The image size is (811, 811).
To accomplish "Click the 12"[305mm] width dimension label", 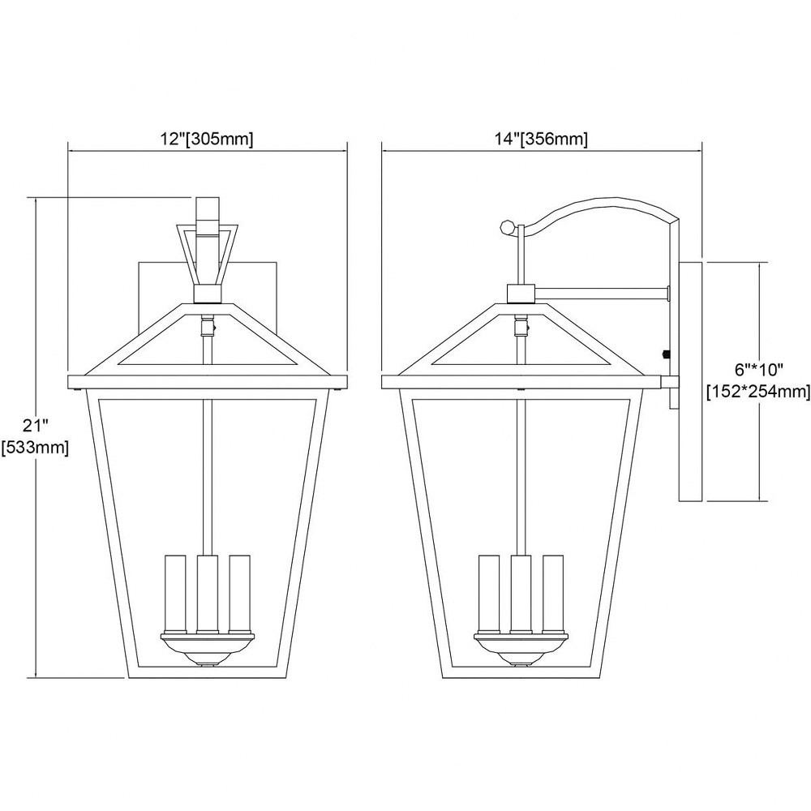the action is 207,139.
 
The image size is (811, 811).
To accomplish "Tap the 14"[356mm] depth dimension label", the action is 541,139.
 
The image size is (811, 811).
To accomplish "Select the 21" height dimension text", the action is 36,426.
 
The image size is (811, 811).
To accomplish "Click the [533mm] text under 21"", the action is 35,448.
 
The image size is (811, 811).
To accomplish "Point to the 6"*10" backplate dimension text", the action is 759,370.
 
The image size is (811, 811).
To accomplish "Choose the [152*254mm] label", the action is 759,392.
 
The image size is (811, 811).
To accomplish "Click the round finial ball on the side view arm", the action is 508,226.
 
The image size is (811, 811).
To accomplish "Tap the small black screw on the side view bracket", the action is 666,354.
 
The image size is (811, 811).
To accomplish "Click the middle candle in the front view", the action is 208,594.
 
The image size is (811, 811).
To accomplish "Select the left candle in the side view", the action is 489,594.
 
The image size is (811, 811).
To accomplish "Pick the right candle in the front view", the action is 239,594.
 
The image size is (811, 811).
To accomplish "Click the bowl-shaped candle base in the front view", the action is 208,649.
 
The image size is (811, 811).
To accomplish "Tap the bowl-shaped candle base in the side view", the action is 521,649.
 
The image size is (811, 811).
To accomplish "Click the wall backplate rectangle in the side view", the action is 690,382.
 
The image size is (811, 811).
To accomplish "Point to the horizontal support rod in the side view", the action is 603,294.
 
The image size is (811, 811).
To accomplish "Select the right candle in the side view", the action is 553,594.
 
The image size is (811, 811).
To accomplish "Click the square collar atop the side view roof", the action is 521,294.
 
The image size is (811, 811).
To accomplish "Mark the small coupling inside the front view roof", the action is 208,326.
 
